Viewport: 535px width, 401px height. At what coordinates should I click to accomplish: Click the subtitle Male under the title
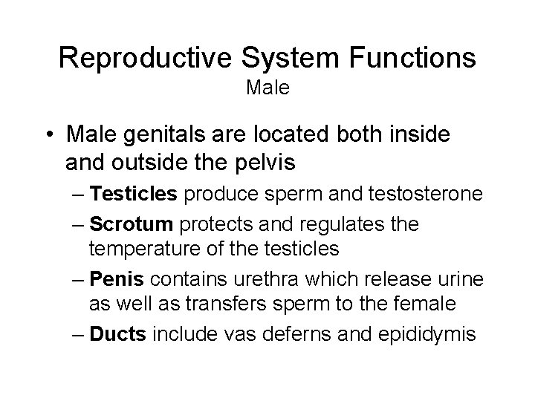click(267, 89)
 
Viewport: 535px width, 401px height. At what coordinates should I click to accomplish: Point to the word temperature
click(138, 247)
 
